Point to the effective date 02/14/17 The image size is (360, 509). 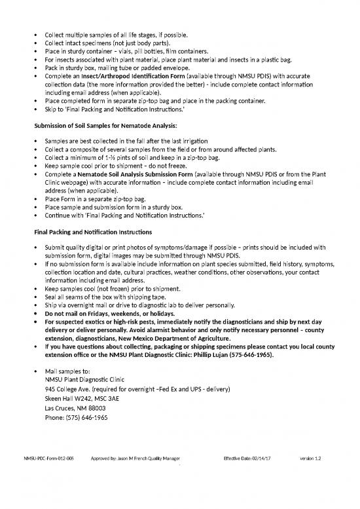pos(246,476)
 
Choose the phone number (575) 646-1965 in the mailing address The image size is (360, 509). pos(76,417)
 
